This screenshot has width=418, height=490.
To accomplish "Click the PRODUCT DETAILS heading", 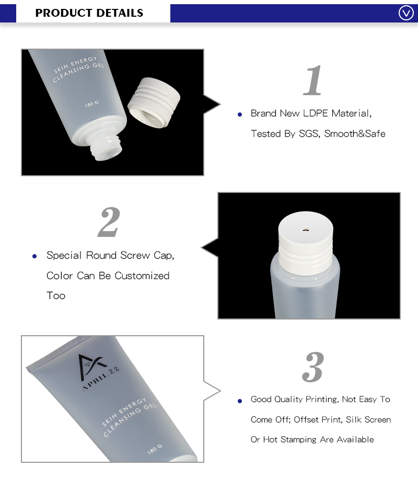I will click(89, 13).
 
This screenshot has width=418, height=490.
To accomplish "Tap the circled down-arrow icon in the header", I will click(406, 13).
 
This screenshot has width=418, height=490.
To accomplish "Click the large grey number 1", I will click(313, 81).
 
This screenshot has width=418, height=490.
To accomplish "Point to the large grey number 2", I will click(109, 222).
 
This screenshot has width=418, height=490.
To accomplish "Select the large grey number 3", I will click(313, 367).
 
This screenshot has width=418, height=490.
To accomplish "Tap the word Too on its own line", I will click(56, 296).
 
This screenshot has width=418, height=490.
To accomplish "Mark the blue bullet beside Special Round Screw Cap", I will click(34, 256).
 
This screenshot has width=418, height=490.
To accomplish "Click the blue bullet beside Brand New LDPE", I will click(240, 114).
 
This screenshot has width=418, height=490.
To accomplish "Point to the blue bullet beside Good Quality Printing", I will click(240, 401).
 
